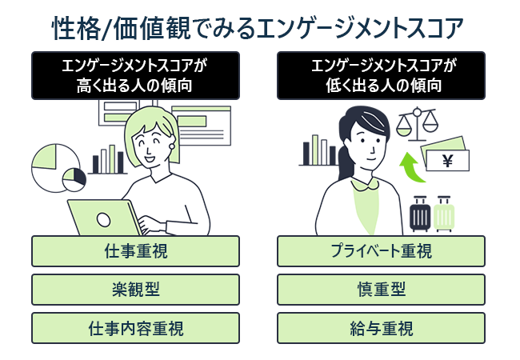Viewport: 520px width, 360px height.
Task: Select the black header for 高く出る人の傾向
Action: [135, 75]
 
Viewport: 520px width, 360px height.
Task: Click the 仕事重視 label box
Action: [135, 251]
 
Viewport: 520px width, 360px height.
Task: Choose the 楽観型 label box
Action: [135, 289]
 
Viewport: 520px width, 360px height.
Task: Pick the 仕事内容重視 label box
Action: [135, 327]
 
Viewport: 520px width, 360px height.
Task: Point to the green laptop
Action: [105, 217]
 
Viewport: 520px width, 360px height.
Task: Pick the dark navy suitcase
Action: [420, 214]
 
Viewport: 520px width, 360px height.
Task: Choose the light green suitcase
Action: [443, 214]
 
